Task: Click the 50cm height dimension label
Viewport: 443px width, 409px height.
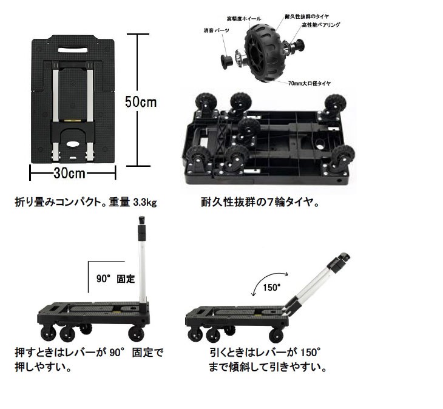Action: pyautogui.click(x=140, y=101)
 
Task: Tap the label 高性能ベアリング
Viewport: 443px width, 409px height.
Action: pyautogui.click(x=320, y=25)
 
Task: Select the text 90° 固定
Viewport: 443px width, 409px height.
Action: pyautogui.click(x=115, y=279)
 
